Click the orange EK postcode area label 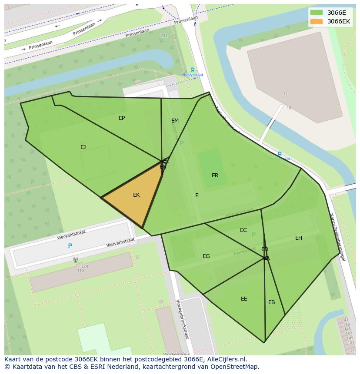(x=136, y=195)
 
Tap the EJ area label (x=83, y=147)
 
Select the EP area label (x=122, y=118)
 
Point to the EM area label (x=175, y=121)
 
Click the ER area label (x=215, y=175)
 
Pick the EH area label (x=298, y=238)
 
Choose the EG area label (x=206, y=256)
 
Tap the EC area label (x=243, y=230)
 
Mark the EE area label (x=244, y=299)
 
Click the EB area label (x=271, y=302)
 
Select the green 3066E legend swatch (x=317, y=13)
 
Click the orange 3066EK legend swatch (x=317, y=21)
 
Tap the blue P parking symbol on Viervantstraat (x=70, y=246)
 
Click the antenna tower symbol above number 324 (x=76, y=260)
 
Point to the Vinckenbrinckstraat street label (x=183, y=319)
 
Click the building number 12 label (x=286, y=94)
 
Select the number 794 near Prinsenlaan (x=163, y=36)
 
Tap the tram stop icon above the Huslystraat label (x=193, y=70)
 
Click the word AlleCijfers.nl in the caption (x=226, y=359)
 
